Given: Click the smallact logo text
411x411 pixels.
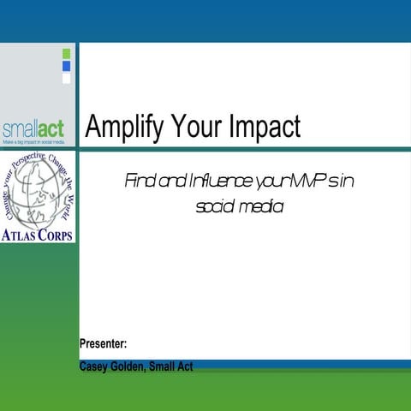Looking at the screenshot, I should (x=33, y=130).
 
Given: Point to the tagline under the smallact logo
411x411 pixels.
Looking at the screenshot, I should (x=33, y=141).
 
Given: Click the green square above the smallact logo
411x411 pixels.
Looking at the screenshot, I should (x=67, y=54).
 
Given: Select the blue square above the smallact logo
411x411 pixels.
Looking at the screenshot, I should (x=67, y=66).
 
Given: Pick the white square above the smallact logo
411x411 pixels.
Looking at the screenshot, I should (x=67, y=78).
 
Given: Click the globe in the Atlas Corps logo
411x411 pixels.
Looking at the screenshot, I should (x=36, y=194).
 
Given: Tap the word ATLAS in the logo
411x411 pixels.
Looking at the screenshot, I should (x=19, y=234).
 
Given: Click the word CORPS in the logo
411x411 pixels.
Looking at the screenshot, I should (x=54, y=234).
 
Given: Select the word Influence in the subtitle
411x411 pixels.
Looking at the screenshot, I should (x=199, y=181).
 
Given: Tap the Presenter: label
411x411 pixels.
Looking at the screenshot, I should (x=104, y=344).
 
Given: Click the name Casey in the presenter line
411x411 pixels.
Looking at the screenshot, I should (x=93, y=366).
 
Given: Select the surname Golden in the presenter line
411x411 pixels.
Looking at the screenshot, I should (x=127, y=366).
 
